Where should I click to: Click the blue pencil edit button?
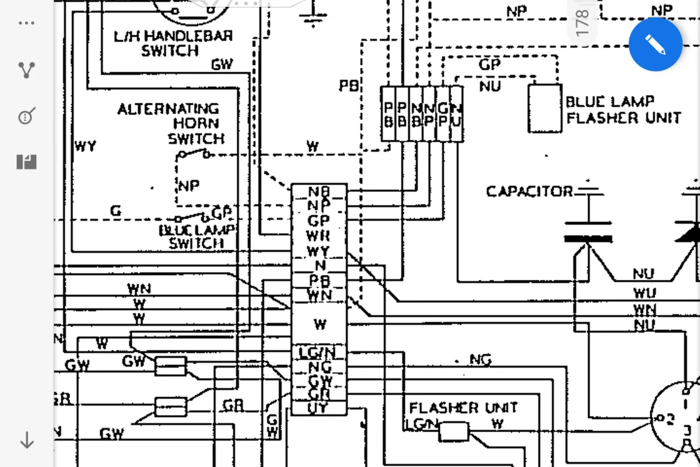pos(655,44)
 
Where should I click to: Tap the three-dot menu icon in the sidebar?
pos(27,24)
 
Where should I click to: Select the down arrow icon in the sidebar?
pos(27,440)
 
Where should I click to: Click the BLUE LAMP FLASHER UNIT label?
pos(622,110)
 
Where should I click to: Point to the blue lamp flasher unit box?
pos(545,109)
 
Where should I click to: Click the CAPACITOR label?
pos(529,191)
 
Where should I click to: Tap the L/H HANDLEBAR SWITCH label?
pos(173,43)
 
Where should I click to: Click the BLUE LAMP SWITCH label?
pos(197,236)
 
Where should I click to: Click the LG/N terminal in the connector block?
pos(318,353)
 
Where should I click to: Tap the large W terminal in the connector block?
pos(319,323)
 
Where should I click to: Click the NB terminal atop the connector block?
pos(318,191)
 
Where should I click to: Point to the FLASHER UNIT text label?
pos(463,407)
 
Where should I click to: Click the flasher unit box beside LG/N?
pos(453,432)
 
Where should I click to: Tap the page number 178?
pos(582,22)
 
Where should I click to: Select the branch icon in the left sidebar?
pos(27,70)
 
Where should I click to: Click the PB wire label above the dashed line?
pos(349,86)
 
